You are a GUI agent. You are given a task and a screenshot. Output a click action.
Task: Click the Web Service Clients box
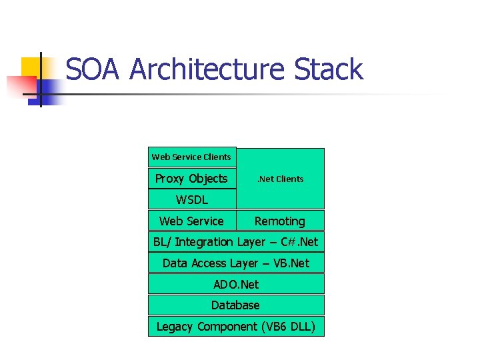(x=191, y=157)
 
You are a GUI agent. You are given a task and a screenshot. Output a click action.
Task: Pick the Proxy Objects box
(x=191, y=179)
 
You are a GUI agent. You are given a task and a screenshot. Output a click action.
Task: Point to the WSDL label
(x=192, y=199)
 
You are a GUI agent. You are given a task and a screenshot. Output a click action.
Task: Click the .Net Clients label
(x=281, y=179)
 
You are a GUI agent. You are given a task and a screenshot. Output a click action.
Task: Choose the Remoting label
(x=280, y=221)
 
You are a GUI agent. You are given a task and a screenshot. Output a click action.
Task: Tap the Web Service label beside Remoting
(x=191, y=221)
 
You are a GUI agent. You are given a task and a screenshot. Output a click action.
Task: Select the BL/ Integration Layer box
(x=235, y=242)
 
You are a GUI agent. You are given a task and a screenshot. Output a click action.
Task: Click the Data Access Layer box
(x=235, y=263)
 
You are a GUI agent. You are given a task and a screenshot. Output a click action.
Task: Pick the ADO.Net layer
(x=235, y=285)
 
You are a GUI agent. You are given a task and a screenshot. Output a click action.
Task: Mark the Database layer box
(x=235, y=305)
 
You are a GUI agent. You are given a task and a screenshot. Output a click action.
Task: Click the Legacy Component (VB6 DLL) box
(x=235, y=327)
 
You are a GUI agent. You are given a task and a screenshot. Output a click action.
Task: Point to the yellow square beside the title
(x=33, y=67)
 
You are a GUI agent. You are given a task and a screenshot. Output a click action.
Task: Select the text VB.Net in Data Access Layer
(x=291, y=263)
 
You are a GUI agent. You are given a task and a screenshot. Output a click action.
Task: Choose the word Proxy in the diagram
(x=171, y=179)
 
